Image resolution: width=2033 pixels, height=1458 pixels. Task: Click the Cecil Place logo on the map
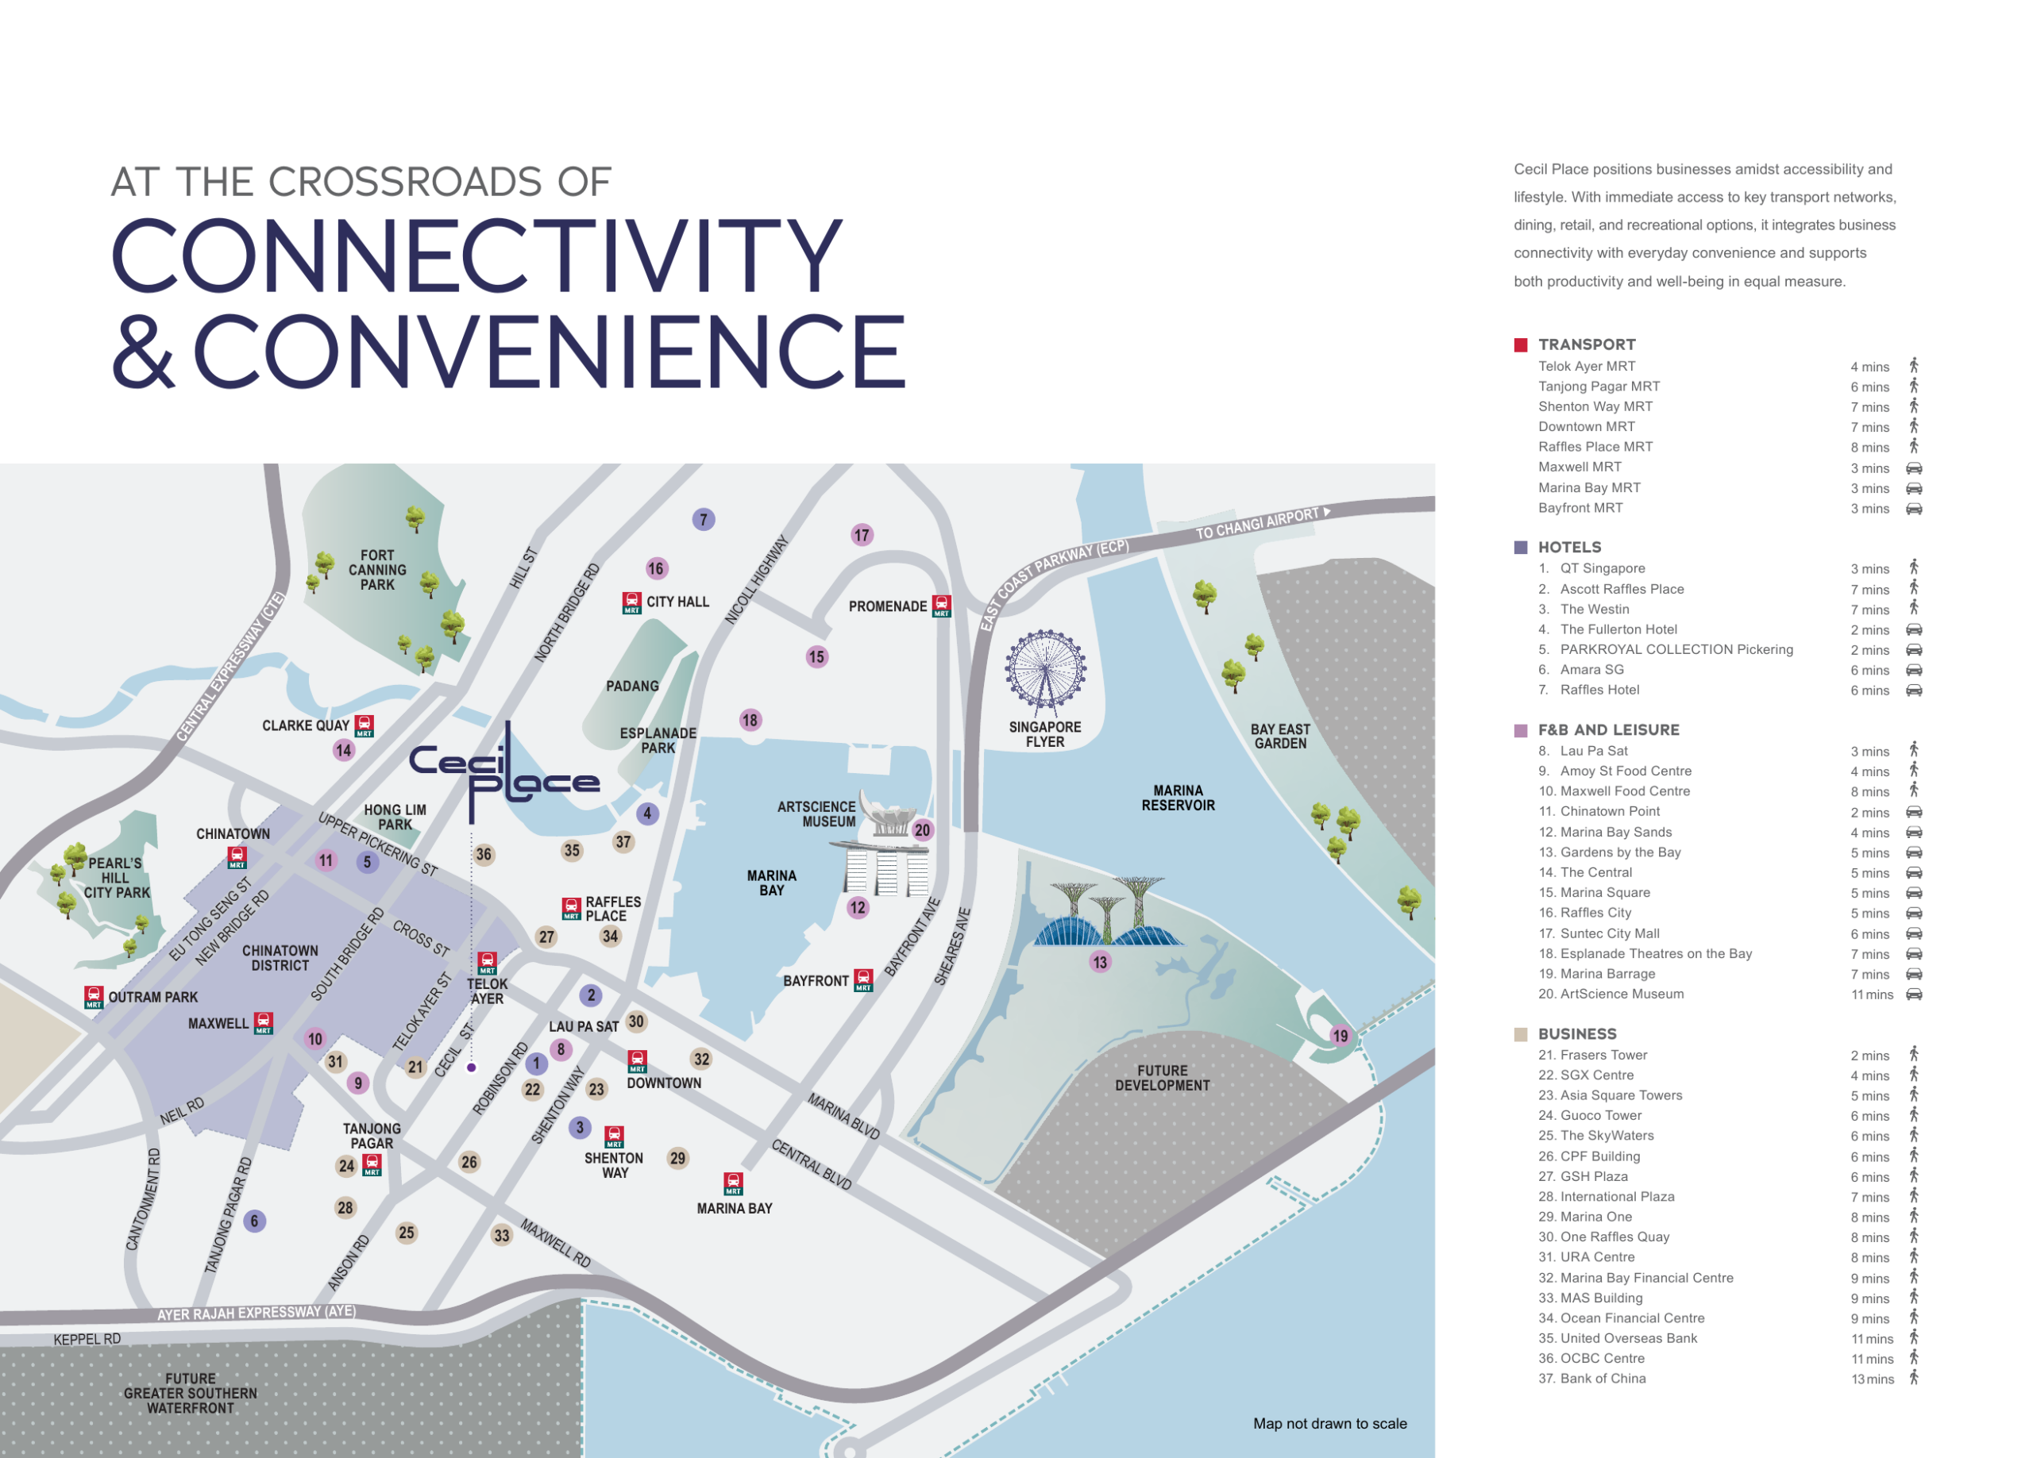[x=503, y=772]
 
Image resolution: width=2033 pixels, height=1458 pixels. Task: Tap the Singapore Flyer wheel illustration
[x=1045, y=672]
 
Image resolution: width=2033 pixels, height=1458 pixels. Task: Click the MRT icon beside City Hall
[x=632, y=602]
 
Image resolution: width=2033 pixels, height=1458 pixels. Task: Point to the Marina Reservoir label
[x=1178, y=798]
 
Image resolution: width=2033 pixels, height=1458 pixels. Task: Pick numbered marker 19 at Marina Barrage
[x=1340, y=1036]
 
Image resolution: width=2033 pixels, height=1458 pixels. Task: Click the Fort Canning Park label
[x=377, y=570]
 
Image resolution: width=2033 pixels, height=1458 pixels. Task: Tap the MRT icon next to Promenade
[x=941, y=606]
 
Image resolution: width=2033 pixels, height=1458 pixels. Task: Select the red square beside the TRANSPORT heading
[x=1520, y=345]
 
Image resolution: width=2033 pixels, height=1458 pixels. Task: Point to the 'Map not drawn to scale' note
[x=1329, y=1423]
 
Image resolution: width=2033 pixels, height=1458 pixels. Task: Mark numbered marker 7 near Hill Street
[x=704, y=519]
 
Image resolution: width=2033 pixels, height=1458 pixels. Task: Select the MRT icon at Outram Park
[x=93, y=998]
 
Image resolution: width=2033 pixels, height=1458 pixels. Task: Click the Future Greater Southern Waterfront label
[x=190, y=1394]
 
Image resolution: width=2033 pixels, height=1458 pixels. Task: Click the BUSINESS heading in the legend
[x=1576, y=1033]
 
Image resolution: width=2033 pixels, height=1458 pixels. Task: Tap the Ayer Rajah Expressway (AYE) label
[x=257, y=1313]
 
